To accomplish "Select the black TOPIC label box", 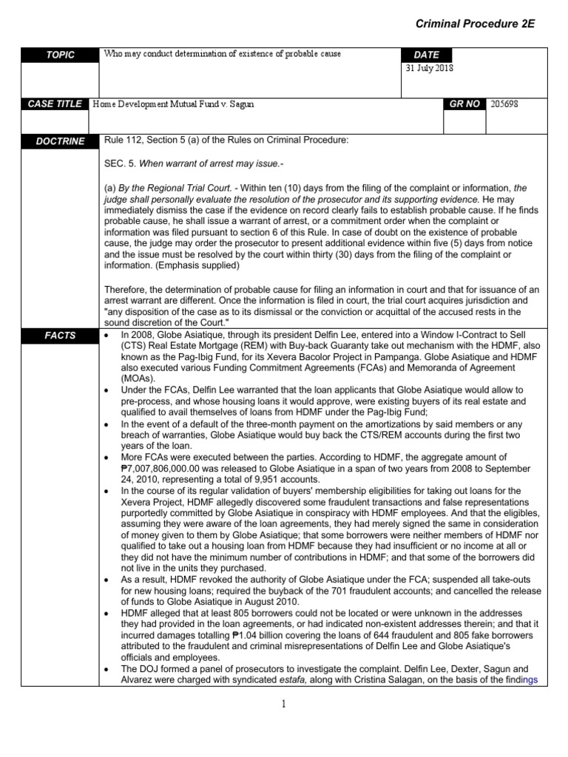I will (x=61, y=55).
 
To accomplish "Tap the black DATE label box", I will (x=427, y=55).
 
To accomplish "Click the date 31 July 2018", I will (x=430, y=69).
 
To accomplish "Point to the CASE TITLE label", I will (x=55, y=104).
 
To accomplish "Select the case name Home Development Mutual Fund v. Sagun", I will (x=172, y=104).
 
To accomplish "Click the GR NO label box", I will (x=464, y=104).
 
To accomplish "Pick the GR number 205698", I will (x=504, y=104).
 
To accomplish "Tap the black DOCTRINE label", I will (x=61, y=141).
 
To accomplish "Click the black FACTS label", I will (x=61, y=335).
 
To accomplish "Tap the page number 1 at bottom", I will (x=283, y=704).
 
